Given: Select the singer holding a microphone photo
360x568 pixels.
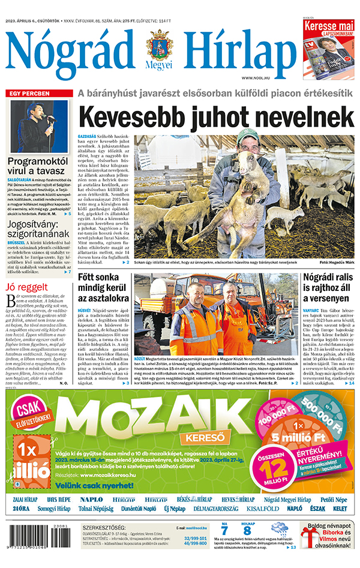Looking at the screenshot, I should pos(39,127).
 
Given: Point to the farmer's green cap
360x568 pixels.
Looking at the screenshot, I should pos(247,136).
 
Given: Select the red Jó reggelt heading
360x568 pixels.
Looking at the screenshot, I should pos(23,286).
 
